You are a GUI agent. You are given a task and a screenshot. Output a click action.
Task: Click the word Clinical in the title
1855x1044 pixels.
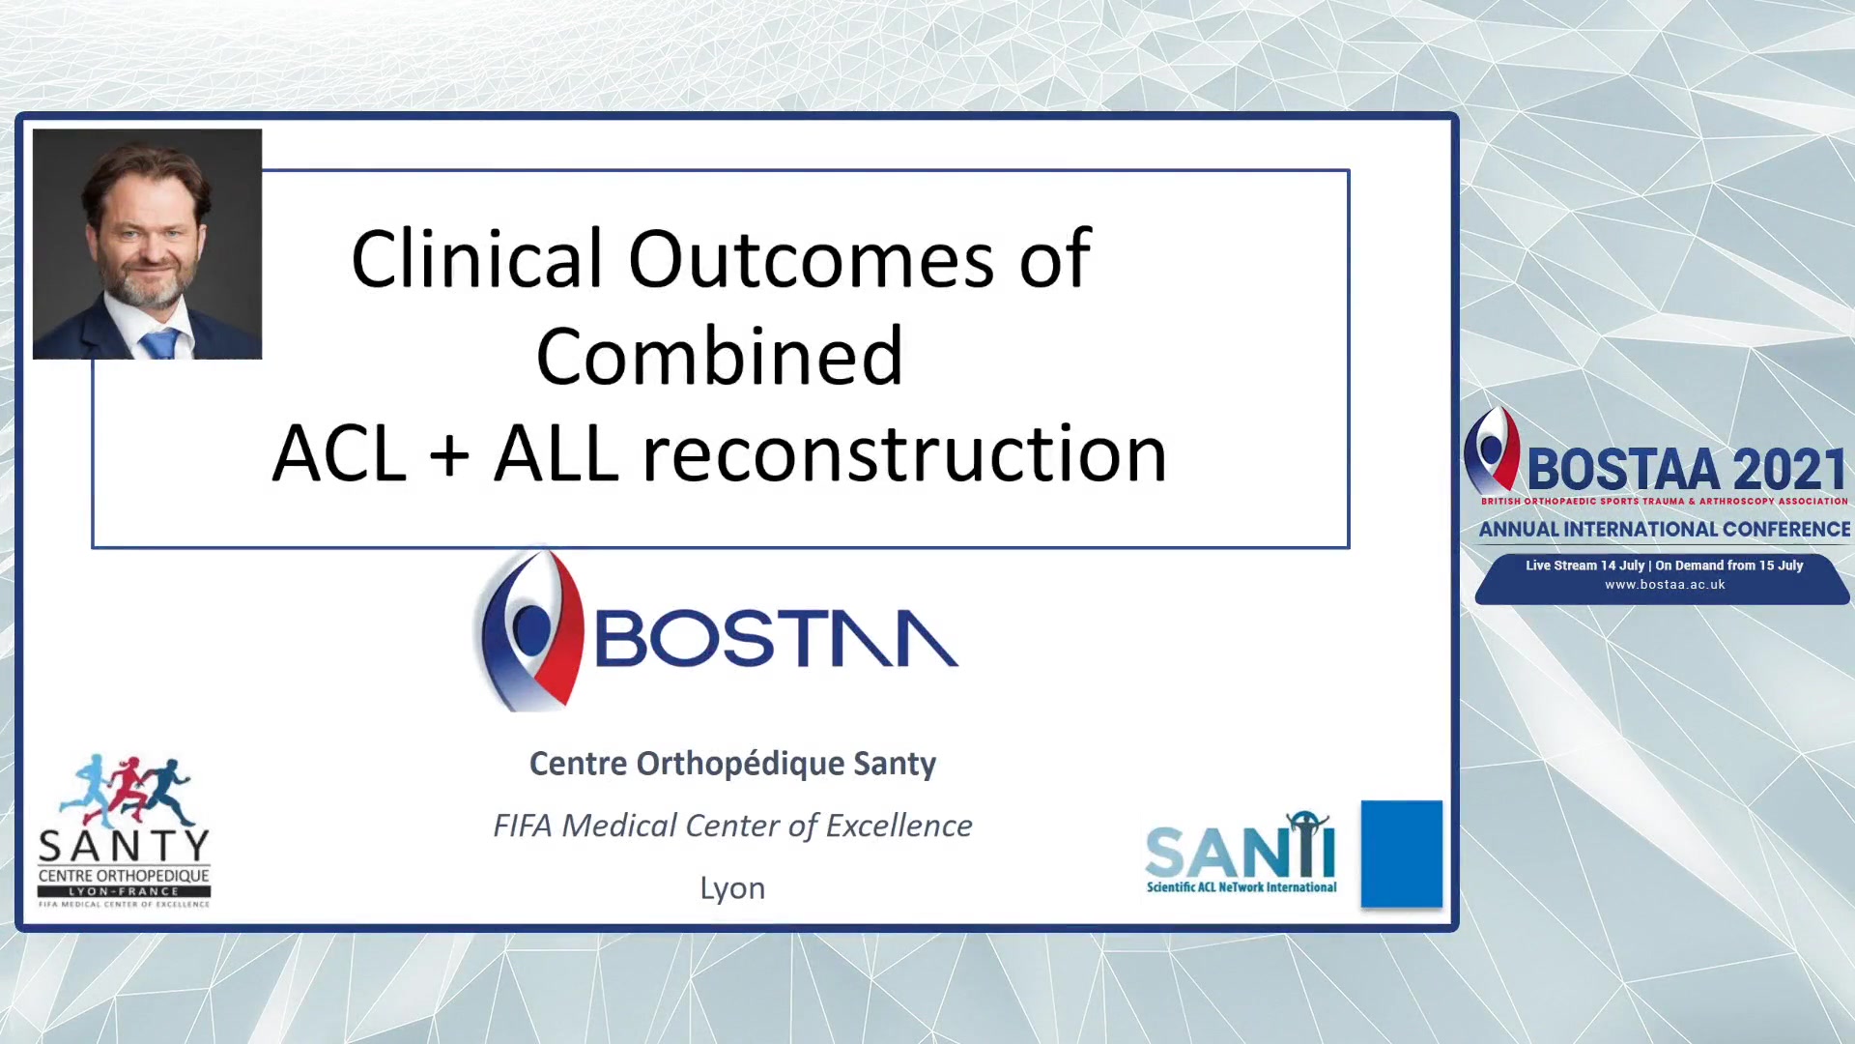476,259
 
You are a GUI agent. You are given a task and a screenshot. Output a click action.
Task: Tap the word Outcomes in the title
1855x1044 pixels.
811,259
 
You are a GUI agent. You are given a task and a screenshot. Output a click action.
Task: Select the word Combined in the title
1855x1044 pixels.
720,356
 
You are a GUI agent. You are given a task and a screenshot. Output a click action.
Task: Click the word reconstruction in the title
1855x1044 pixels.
905,452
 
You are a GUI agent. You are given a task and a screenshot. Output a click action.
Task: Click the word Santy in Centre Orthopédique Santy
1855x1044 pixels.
895,765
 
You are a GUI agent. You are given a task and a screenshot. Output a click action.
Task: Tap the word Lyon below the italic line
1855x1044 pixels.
732,888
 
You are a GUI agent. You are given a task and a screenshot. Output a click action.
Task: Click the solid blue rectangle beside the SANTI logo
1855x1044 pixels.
1401,854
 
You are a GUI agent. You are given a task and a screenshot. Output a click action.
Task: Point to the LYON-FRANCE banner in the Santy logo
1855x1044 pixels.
124,891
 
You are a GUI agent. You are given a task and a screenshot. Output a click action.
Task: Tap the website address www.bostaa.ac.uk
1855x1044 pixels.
1665,585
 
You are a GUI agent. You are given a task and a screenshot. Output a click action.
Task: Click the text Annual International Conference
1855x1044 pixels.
1665,530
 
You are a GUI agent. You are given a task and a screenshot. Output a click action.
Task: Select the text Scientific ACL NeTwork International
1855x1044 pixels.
1241,886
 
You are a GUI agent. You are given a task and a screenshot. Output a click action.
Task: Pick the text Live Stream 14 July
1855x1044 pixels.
1584,565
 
